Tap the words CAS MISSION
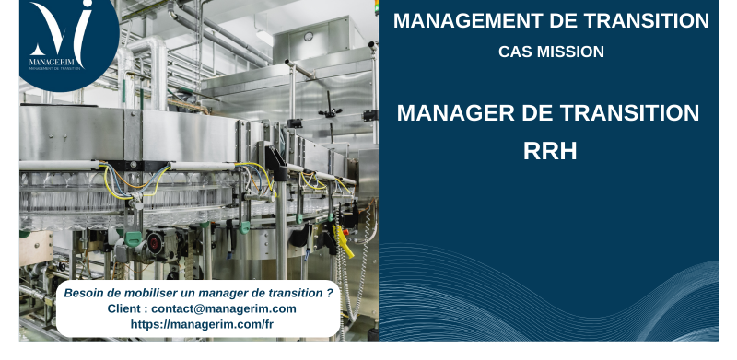pyautogui.click(x=551, y=52)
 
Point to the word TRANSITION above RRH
pyautogui.click(x=626, y=113)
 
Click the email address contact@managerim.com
pyautogui.click(x=224, y=308)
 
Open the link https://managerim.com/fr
pyautogui.click(x=202, y=324)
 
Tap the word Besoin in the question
pyautogui.click(x=84, y=293)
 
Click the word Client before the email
pyautogui.click(x=125, y=308)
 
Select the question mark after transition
pyautogui.click(x=330, y=293)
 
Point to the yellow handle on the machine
pyautogui.click(x=343, y=241)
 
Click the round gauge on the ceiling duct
pyautogui.click(x=309, y=36)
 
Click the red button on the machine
pyautogui.click(x=154, y=243)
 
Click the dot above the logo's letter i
pyautogui.click(x=88, y=9)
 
